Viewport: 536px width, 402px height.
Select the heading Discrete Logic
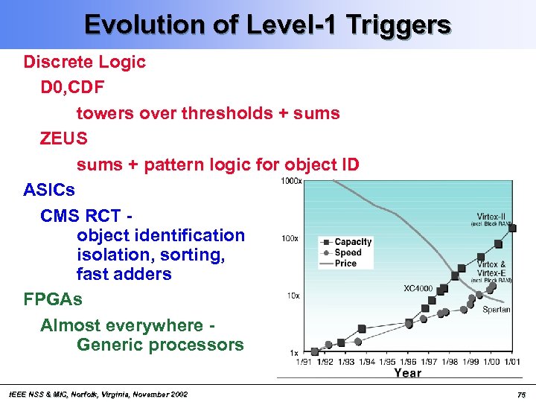[85, 62]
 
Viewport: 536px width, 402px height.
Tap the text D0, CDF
[72, 88]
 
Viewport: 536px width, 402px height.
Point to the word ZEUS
[64, 138]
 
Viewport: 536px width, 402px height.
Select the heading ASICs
[49, 190]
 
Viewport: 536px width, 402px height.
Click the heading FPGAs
[53, 299]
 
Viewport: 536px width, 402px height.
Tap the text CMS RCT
[82, 216]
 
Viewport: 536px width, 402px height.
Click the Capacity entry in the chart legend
[353, 242]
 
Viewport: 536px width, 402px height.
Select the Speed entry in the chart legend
[348, 252]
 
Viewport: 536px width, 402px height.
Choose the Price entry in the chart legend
[345, 263]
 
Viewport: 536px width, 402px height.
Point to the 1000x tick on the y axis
[291, 181]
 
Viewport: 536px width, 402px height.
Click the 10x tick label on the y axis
[293, 296]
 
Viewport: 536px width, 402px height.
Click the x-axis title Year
[407, 373]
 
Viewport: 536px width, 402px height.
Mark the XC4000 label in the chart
[418, 287]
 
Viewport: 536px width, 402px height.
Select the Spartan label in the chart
[497, 309]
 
